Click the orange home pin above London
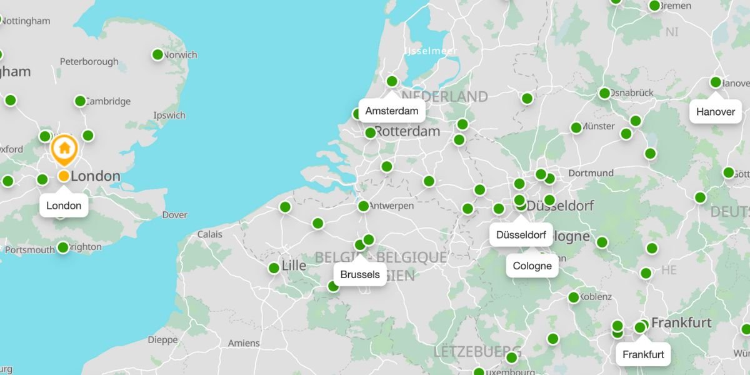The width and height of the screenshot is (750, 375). click(64, 149)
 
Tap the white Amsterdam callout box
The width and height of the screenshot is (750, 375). click(392, 111)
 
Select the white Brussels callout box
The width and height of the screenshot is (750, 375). click(360, 274)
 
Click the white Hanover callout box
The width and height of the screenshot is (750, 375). click(716, 111)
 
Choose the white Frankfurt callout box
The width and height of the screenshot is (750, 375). click(643, 354)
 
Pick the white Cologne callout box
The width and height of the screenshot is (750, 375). click(532, 266)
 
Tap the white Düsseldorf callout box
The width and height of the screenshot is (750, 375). click(521, 236)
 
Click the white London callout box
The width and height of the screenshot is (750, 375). click(64, 206)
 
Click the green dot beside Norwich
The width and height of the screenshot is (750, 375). click(157, 55)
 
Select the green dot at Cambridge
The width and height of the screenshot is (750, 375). click(80, 101)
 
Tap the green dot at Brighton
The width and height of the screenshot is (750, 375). click(62, 247)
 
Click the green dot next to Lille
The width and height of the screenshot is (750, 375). click(274, 268)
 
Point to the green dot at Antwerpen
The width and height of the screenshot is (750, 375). click(363, 206)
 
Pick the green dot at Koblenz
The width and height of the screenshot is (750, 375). click(573, 297)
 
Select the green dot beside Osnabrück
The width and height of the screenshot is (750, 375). click(604, 93)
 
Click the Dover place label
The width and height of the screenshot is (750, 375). click(174, 215)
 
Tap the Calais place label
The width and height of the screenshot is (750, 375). click(209, 234)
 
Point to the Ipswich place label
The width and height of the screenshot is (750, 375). click(169, 115)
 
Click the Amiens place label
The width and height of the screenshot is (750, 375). click(244, 343)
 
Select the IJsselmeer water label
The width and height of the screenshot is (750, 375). click(431, 51)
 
